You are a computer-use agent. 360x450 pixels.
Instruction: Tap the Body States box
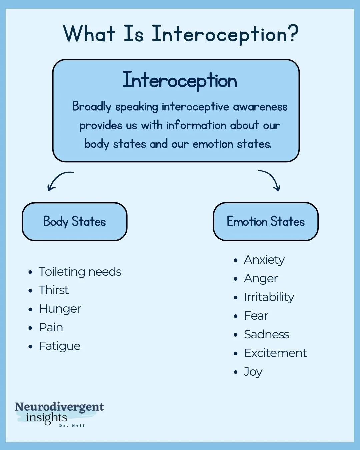pos(75,222)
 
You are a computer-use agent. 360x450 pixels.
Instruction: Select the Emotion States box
pos(266,222)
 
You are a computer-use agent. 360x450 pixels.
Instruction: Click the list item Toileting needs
pos(80,272)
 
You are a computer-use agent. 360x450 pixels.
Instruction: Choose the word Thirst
pos(54,290)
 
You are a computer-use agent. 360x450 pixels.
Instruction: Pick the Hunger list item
pos(60,309)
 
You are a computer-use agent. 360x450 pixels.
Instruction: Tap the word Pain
pos(51,327)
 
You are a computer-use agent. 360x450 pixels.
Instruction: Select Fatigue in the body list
pos(60,346)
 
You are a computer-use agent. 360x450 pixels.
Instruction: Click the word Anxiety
pos(264,260)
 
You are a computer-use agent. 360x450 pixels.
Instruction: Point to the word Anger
pos(261,279)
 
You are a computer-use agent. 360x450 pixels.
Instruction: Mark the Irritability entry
pos(269,297)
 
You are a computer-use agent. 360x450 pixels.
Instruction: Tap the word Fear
pos(256,316)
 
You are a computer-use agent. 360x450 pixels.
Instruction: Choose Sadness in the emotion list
pos(267,334)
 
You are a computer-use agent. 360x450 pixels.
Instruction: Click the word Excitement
pos(275,353)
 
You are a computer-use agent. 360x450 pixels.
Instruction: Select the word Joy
pos(253,372)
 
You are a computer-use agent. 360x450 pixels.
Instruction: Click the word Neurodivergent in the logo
pos(59,407)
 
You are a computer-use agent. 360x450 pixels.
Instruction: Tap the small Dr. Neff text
pos(72,426)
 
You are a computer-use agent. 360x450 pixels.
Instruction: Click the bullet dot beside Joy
pos(236,372)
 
